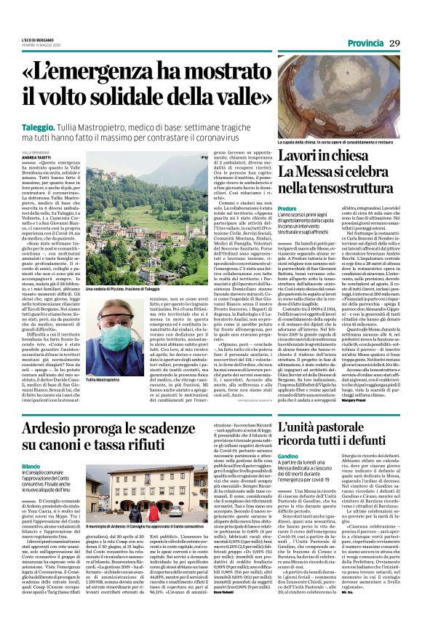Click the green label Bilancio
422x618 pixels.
tap(31, 466)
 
